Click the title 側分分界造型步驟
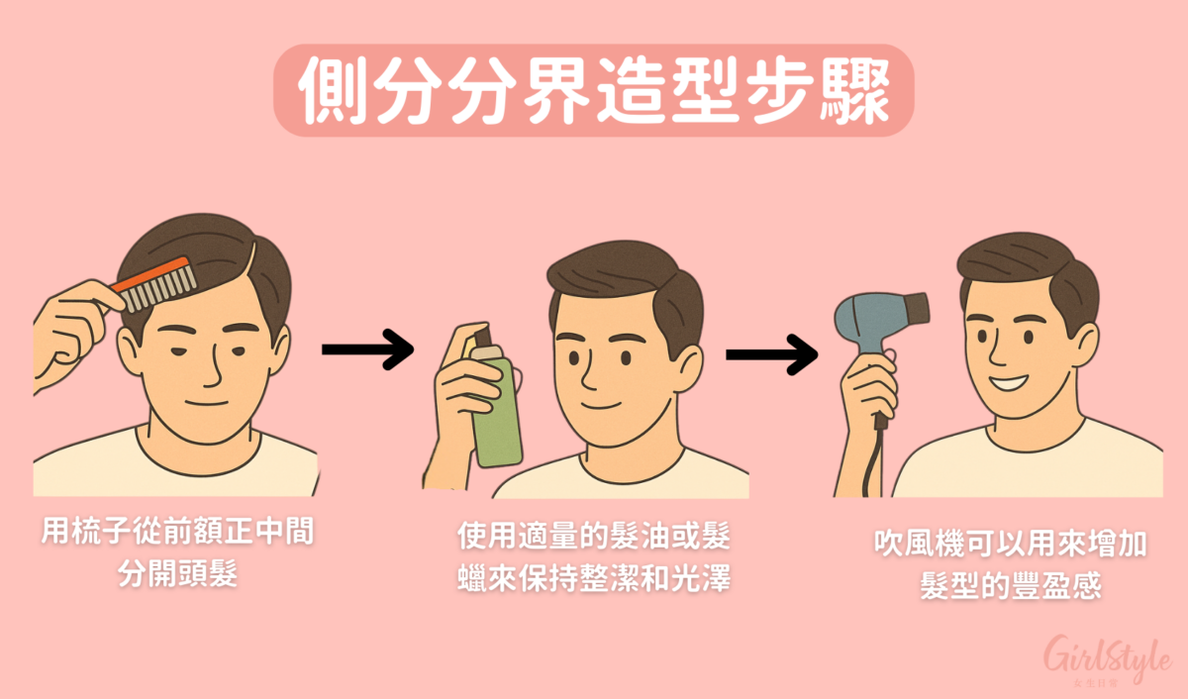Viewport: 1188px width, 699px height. (x=593, y=90)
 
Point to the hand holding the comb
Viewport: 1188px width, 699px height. (x=69, y=327)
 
